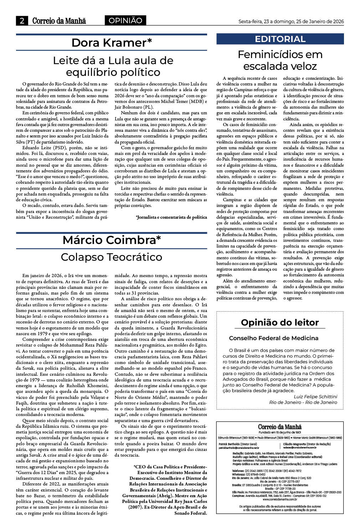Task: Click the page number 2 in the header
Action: (x=22, y=21)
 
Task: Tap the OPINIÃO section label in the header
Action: (x=125, y=21)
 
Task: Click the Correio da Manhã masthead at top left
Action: (x=59, y=21)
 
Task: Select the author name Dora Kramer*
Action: (x=112, y=43)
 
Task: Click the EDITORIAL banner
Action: (x=280, y=39)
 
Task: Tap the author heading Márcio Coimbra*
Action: (x=112, y=240)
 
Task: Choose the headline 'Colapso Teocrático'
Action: (x=112, y=257)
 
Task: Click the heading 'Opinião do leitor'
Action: (x=280, y=322)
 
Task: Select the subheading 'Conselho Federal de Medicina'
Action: (x=274, y=338)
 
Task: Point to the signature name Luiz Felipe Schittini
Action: (x=315, y=396)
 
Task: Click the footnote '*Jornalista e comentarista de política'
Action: (x=171, y=217)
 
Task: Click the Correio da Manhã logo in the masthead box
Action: (x=280, y=427)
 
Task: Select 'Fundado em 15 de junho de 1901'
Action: (x=280, y=432)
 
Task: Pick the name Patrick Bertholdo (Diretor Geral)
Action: (x=238, y=444)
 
